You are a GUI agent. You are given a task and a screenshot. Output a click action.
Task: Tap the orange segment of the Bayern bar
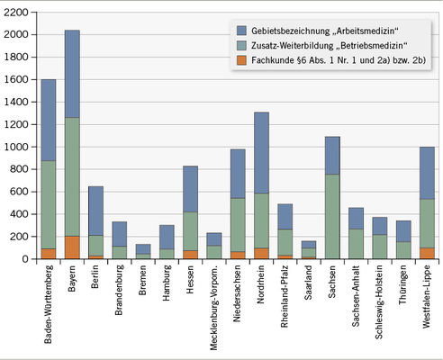(72, 247)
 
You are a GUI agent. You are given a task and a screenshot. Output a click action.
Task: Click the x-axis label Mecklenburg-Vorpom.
(214, 306)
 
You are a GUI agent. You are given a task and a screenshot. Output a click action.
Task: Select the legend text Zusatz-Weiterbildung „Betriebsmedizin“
(332, 45)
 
